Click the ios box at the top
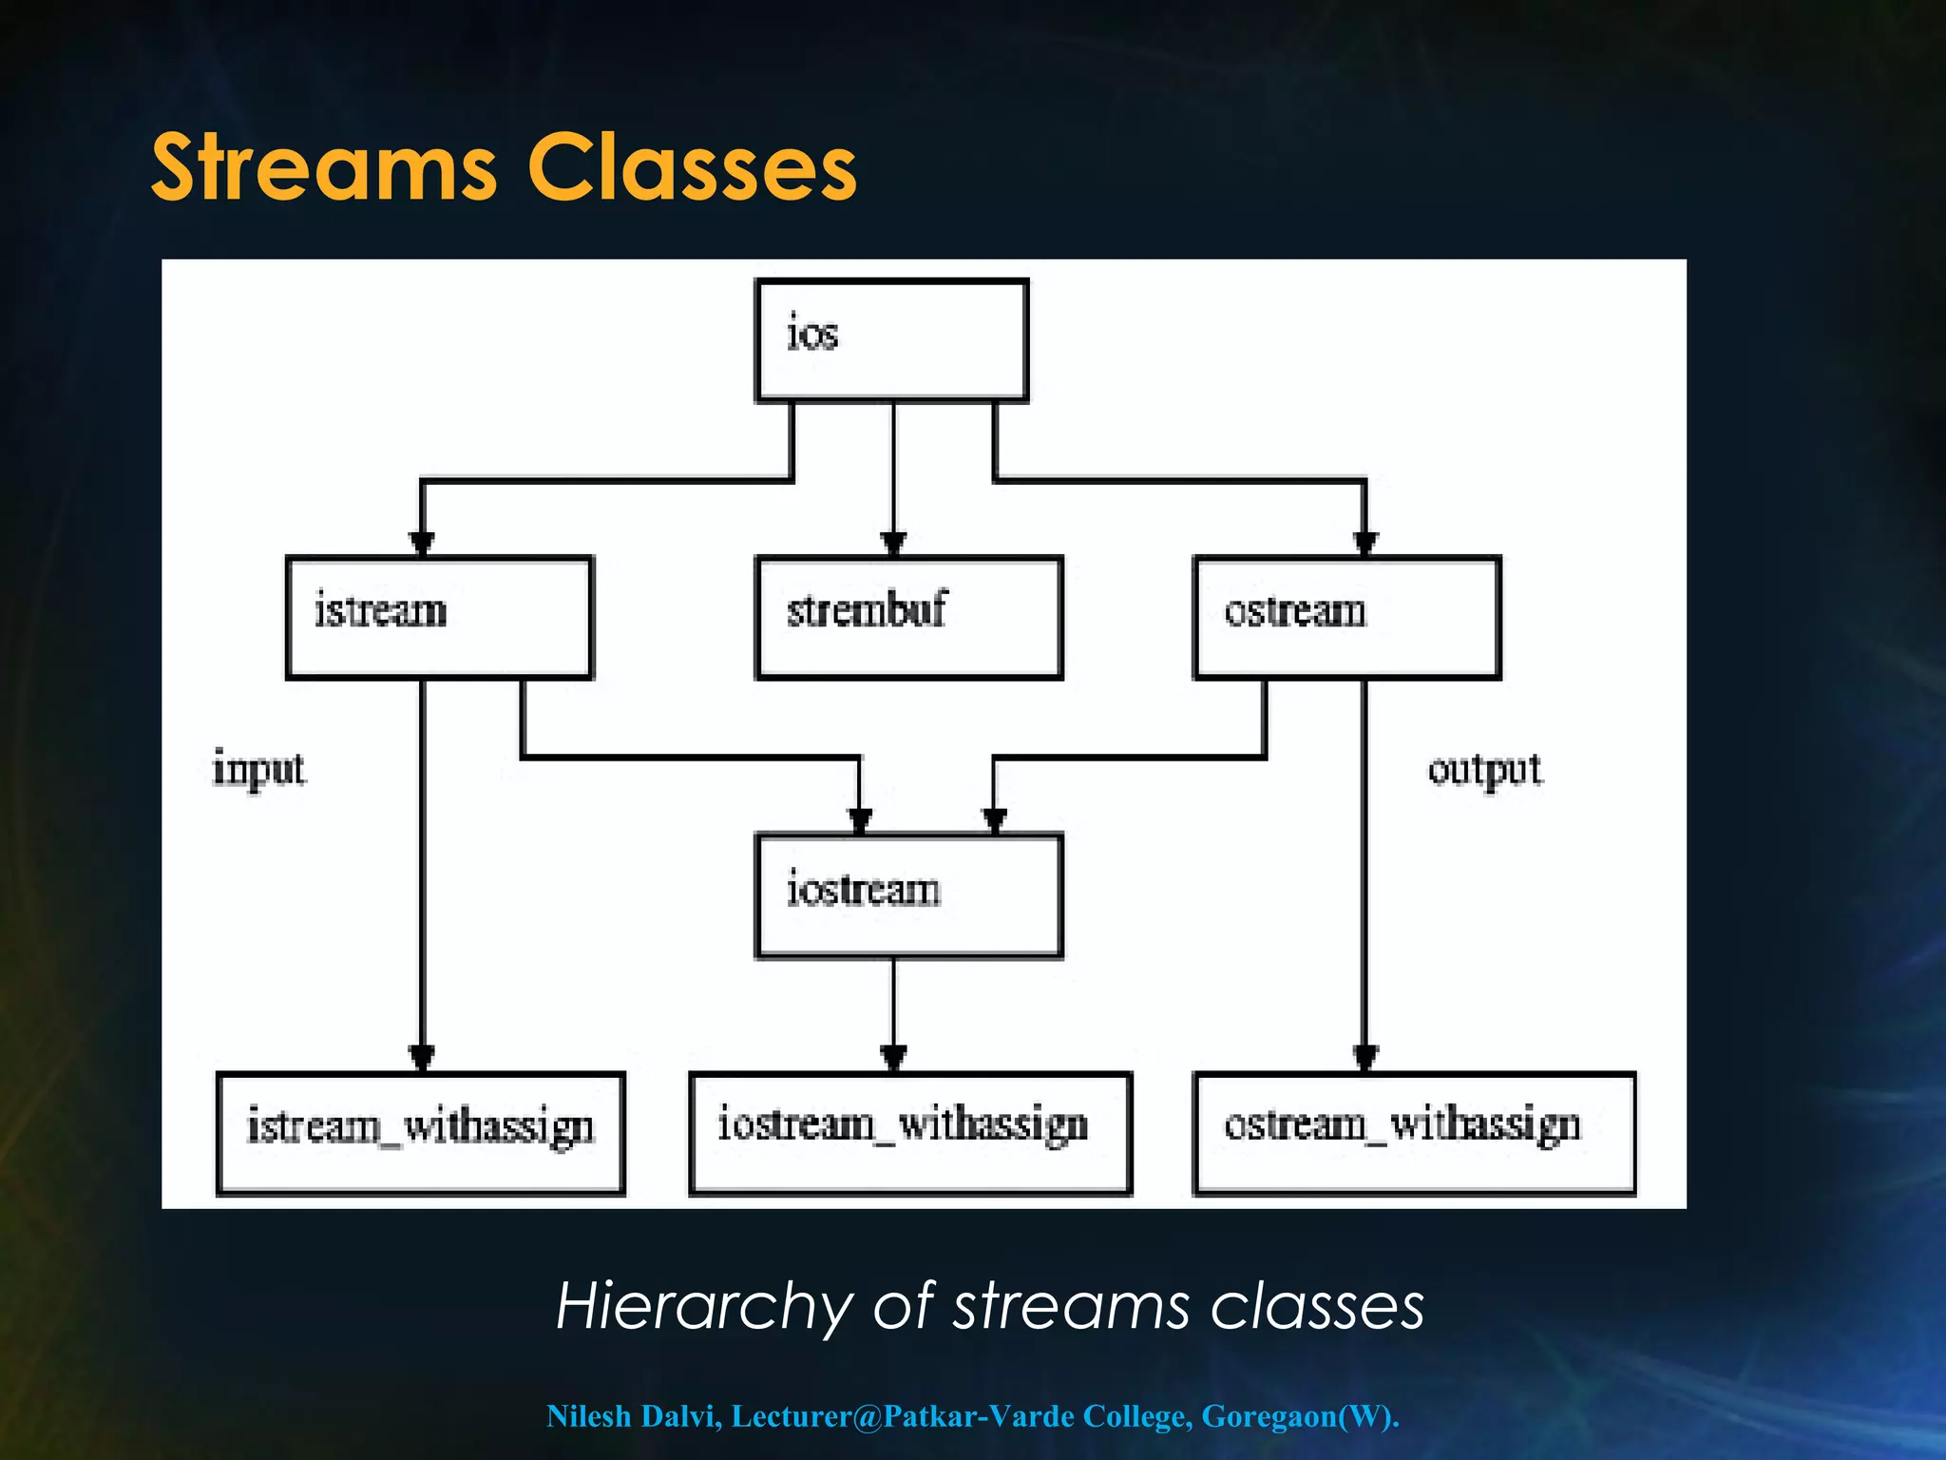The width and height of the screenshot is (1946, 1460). (891, 340)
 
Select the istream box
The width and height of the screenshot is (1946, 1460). (439, 617)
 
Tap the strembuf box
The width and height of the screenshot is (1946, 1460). (908, 617)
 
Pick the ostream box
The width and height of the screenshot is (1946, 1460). (1346, 617)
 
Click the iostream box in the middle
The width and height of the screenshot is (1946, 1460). (908, 894)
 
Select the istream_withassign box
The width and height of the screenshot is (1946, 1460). (420, 1132)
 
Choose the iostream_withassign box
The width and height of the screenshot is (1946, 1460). (909, 1132)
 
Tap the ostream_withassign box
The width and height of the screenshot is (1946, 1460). (1414, 1132)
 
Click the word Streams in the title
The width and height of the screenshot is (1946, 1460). (323, 168)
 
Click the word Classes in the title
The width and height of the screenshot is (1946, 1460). (692, 168)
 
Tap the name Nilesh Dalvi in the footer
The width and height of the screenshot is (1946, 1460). (633, 1416)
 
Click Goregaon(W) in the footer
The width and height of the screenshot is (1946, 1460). (1298, 1416)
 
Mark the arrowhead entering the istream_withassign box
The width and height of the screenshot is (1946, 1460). (422, 1057)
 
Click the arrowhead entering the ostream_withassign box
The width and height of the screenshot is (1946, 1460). (1365, 1057)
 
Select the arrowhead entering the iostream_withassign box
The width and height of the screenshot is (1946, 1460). (893, 1057)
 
